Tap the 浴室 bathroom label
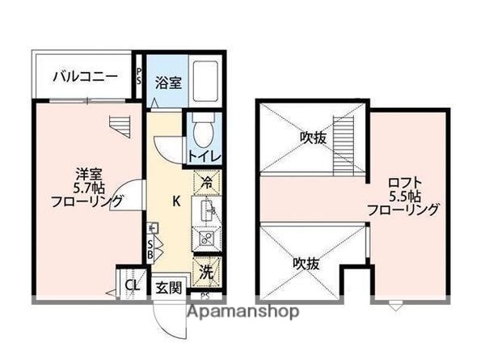[168, 82]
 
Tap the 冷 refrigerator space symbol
[206, 182]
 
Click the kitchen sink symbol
[206, 212]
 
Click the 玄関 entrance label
[168, 287]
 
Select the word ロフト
[403, 181]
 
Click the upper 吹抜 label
[310, 138]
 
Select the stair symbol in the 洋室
[119, 126]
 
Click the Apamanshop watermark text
[243, 311]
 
